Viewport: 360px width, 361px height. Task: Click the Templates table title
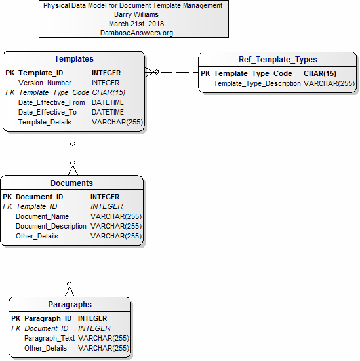[x=74, y=59]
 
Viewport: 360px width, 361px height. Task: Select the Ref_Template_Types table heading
[x=278, y=60]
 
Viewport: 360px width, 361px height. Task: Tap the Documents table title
[x=71, y=183]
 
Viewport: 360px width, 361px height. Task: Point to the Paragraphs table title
[x=70, y=305]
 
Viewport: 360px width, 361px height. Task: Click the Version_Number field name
[x=45, y=83]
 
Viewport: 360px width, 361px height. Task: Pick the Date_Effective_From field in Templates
[x=52, y=102]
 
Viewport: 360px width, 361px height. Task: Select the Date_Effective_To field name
[x=47, y=112]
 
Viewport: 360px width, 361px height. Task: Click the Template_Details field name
[x=45, y=122]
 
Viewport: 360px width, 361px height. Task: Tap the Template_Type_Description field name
[x=257, y=83]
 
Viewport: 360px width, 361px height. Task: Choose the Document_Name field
[x=42, y=216]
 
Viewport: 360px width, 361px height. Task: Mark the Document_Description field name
[x=51, y=226]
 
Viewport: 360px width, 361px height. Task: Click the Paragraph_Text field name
[x=50, y=338]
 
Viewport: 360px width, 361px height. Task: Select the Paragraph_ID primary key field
[x=48, y=318]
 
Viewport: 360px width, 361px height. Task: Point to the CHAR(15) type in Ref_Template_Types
[x=320, y=73]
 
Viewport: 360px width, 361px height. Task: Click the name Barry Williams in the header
[x=136, y=14]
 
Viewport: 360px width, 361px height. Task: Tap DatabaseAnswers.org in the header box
[x=136, y=33]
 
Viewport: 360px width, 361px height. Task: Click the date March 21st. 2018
[x=136, y=24]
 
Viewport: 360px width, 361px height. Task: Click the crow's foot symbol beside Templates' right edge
[x=151, y=72]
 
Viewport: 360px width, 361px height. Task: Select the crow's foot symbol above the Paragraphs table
[x=70, y=290]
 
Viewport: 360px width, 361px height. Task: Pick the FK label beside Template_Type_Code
[x=10, y=92]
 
